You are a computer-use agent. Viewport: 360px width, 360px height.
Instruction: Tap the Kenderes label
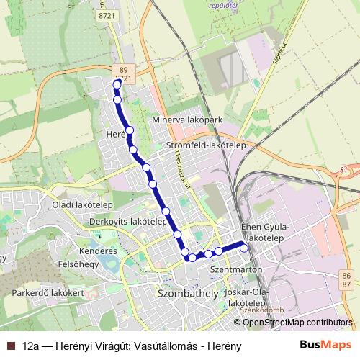tap(99, 251)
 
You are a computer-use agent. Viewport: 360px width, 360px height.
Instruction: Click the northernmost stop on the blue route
tap(117, 84)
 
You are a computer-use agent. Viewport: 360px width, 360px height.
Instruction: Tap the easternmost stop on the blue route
tap(244, 248)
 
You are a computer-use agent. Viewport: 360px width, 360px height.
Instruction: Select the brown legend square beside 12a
tap(9, 345)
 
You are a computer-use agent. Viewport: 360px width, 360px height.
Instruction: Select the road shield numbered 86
tap(347, 276)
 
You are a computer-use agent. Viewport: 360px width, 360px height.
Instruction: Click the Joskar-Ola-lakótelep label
tap(247, 299)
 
